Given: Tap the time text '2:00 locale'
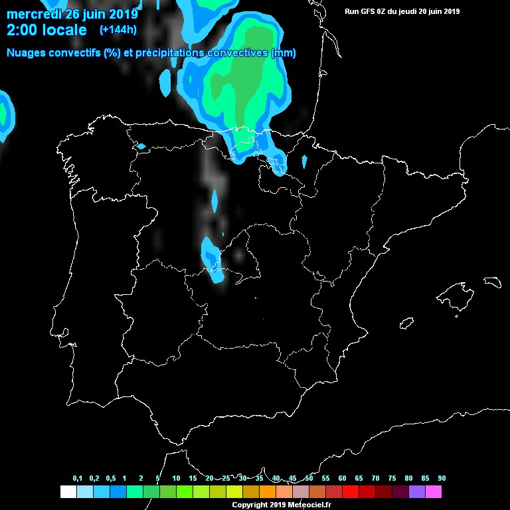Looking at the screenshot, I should pos(46,31).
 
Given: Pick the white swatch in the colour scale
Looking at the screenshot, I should pos(68,491).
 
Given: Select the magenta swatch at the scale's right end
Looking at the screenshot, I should pos(433,491).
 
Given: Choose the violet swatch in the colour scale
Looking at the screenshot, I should pos(416,491).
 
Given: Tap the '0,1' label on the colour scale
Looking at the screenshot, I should pos(78,479).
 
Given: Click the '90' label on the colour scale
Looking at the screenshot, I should pos(442,479).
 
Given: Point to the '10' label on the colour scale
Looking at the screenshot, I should pos(176,479).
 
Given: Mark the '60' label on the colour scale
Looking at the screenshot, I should pos(342,479).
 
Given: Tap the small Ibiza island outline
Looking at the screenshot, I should pos(406,323).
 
